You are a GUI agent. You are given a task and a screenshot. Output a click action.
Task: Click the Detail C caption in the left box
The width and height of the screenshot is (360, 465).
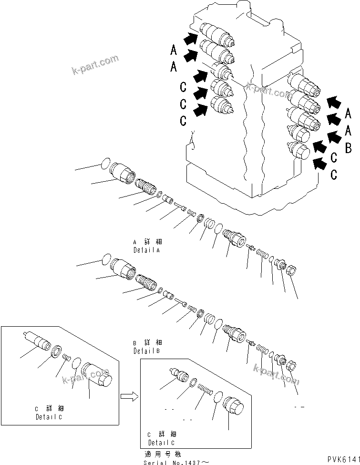coord(49,413)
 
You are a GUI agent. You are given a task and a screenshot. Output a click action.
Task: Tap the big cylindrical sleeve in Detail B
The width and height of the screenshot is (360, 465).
coord(123,269)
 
